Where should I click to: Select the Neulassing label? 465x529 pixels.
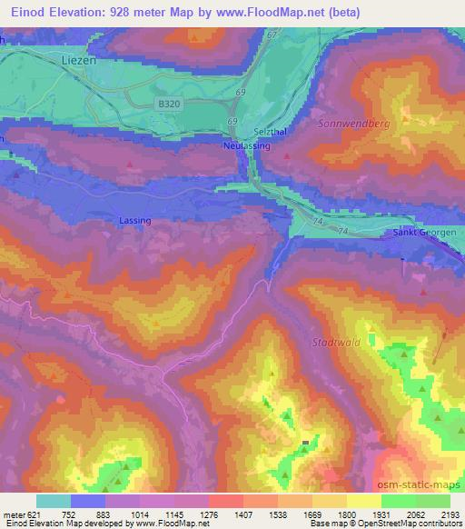pos(244,145)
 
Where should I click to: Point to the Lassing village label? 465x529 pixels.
pos(135,221)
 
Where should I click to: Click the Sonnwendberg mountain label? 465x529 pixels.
pos(352,121)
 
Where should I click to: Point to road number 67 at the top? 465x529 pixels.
pos(272,35)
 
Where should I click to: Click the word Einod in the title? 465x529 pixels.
pos(21,13)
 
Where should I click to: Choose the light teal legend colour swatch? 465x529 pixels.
pos(54,501)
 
